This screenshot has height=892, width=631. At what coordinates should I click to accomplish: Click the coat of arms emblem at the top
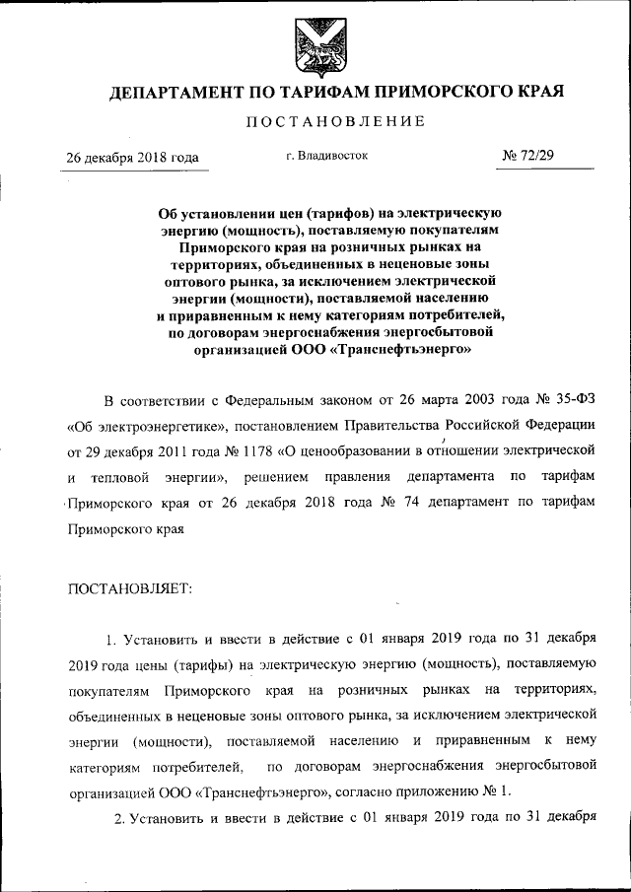coord(315,46)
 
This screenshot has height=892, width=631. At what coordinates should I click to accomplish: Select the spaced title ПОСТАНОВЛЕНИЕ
coord(334,121)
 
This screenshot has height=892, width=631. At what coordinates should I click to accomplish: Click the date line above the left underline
coord(131,158)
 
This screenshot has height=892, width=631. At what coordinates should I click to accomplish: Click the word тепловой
coord(123,478)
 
